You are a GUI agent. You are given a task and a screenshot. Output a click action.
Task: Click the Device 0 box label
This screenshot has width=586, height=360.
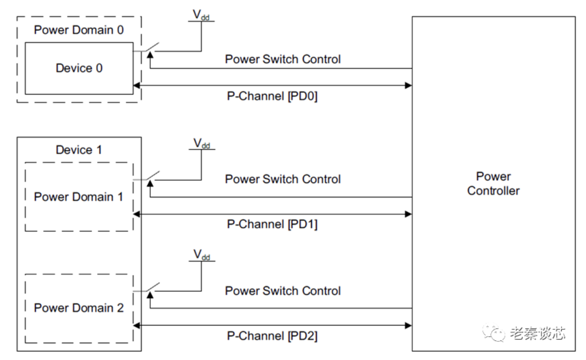click(79, 68)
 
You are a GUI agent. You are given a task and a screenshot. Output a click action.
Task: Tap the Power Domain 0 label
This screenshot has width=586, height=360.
click(79, 31)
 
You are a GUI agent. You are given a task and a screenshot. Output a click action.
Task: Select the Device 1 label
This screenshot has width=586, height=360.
click(79, 150)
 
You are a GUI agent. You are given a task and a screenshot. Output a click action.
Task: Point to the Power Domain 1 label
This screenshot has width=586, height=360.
click(79, 197)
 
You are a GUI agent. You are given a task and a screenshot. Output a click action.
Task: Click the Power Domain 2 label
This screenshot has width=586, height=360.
click(79, 308)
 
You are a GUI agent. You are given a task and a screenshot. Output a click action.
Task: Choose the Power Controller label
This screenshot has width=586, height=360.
click(493, 183)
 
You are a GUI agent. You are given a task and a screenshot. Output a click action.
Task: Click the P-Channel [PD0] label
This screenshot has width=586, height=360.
click(272, 96)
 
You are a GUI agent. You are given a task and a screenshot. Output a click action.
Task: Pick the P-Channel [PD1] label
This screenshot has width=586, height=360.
click(272, 224)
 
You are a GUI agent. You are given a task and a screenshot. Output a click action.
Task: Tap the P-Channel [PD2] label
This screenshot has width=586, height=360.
click(272, 336)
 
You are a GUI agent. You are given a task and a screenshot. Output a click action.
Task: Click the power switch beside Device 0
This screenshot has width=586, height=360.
click(151, 48)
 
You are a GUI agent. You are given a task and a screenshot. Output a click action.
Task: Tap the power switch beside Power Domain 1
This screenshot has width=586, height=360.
click(151, 177)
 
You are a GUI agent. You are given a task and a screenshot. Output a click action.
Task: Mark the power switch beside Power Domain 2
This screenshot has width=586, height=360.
click(151, 288)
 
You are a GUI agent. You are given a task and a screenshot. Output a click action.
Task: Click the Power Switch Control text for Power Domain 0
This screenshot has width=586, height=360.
click(283, 59)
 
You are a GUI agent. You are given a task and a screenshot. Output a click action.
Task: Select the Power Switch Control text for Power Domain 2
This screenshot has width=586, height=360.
click(283, 291)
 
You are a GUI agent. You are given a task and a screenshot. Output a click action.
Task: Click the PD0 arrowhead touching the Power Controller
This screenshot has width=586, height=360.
click(408, 86)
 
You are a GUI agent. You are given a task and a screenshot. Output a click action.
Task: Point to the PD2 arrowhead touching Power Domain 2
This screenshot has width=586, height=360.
click(137, 326)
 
